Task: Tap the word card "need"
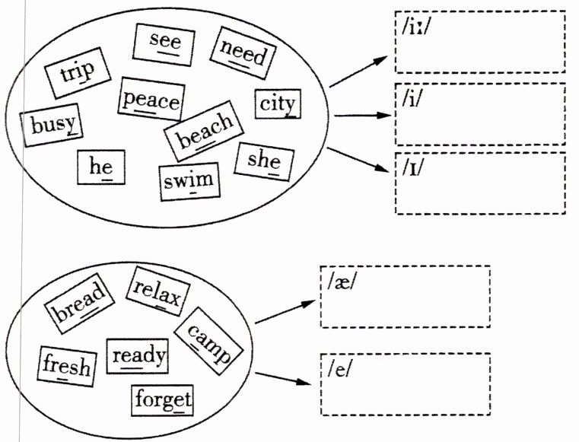click(x=243, y=52)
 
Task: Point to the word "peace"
click(x=151, y=100)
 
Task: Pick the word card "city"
click(x=277, y=104)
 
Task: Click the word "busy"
click(x=52, y=125)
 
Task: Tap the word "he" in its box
click(x=101, y=167)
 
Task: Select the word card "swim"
click(x=188, y=181)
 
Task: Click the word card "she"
click(x=264, y=160)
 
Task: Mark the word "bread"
click(x=76, y=305)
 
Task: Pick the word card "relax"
click(x=157, y=291)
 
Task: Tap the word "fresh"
click(x=66, y=366)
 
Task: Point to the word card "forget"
click(x=163, y=399)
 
